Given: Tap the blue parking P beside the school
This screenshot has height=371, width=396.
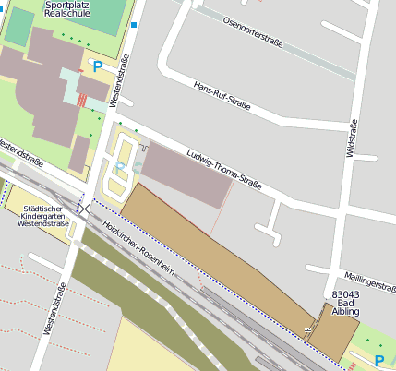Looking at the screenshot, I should [97, 66].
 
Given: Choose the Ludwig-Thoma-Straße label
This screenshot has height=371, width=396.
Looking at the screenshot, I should [224, 171].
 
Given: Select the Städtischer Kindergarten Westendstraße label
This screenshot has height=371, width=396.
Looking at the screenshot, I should [44, 216].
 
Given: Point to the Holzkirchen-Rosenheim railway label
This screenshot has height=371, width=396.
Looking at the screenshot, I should [138, 245].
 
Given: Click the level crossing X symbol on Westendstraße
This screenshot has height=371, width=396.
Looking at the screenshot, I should [83, 209].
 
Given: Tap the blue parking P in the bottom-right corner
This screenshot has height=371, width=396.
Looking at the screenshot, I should [379, 359].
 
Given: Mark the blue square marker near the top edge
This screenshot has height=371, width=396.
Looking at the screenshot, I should [134, 25].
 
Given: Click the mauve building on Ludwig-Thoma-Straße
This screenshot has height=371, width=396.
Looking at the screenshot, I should [186, 174].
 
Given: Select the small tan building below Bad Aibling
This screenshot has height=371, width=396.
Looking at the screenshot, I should [331, 339].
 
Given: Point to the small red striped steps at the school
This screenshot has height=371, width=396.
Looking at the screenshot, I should [82, 99].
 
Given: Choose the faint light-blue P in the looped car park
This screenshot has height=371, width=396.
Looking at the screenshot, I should [119, 165].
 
